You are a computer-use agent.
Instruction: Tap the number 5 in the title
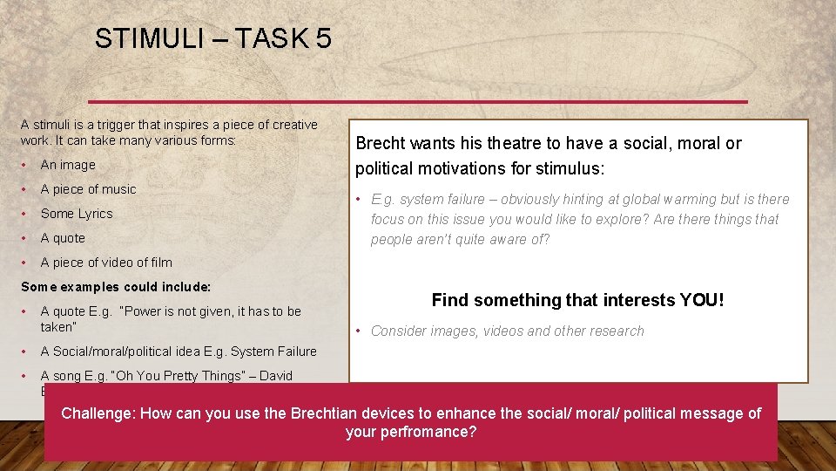point(323,38)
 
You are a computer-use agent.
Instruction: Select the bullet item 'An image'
point(68,165)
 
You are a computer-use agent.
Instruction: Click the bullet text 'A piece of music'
point(88,189)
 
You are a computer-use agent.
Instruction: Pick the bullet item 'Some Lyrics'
point(77,214)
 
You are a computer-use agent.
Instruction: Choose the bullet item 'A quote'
point(63,238)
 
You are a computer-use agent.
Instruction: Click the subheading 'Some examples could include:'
point(116,287)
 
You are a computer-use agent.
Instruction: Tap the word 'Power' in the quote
point(145,311)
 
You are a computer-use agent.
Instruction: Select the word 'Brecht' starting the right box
point(381,143)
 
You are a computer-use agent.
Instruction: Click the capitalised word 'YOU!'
point(702,300)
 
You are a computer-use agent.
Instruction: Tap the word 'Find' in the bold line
point(449,300)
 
